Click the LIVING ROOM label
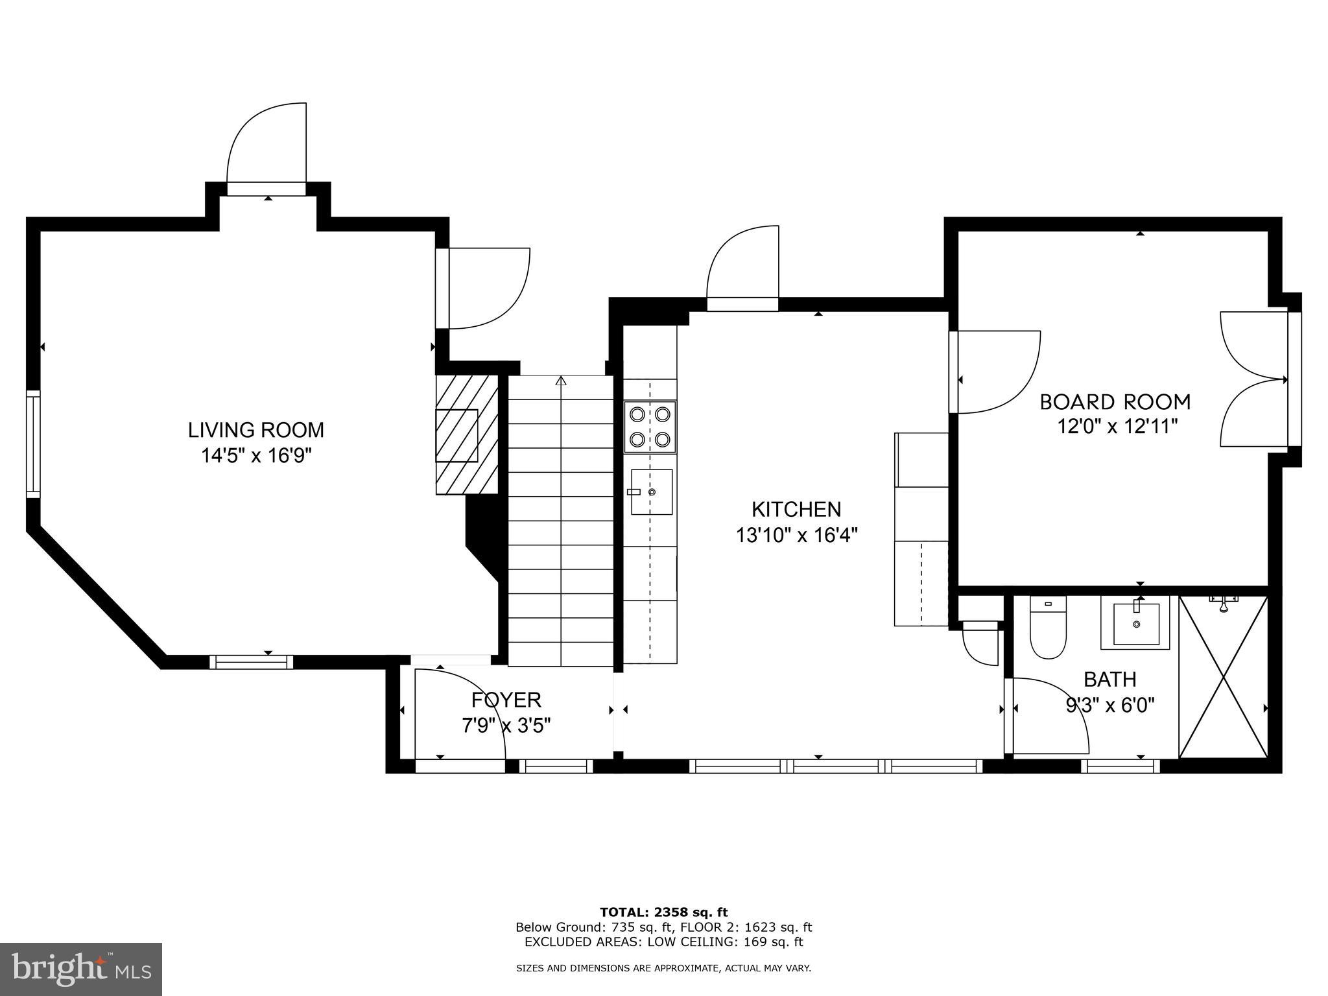[x=255, y=430]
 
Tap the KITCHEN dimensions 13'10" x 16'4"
[x=796, y=536]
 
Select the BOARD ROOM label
[x=1115, y=402]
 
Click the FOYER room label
[x=506, y=700]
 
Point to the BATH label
[x=1109, y=679]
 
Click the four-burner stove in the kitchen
[x=650, y=427]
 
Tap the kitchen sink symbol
[x=651, y=492]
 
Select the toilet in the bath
[x=1048, y=629]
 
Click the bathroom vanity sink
[x=1136, y=624]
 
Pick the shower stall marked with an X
[x=1222, y=676]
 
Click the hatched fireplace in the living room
[x=466, y=434]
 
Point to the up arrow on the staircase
[x=560, y=381]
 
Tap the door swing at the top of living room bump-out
[x=267, y=146]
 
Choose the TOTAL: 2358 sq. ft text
[x=663, y=912]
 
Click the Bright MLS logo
[x=81, y=969]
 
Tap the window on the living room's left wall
[x=32, y=444]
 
